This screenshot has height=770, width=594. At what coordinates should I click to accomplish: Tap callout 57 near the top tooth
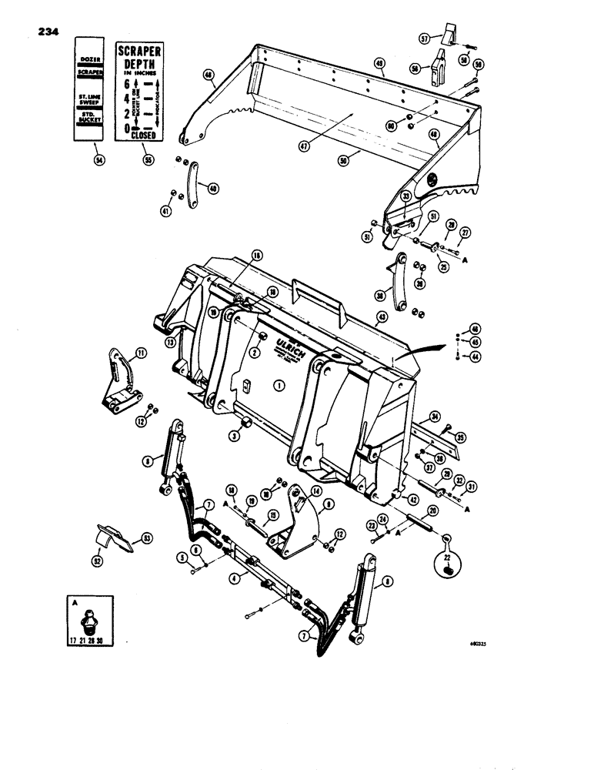pos(445,37)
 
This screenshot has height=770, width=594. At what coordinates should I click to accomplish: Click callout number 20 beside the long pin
pos(433,511)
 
